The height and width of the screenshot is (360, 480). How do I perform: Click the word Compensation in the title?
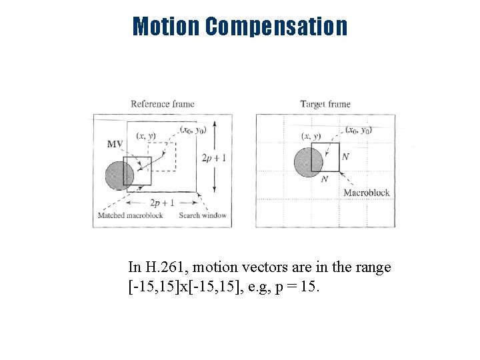tap(276, 27)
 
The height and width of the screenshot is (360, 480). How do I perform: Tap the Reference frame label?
tap(163, 104)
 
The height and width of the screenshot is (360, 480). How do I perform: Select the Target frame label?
tap(325, 104)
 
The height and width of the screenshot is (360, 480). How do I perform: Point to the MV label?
tap(115, 144)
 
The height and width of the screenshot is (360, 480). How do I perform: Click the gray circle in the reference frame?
tap(119, 176)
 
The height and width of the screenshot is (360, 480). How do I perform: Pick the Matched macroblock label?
tap(130, 215)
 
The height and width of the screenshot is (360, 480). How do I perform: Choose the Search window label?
tap(203, 215)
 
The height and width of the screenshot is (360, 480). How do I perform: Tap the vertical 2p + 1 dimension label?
tap(213, 158)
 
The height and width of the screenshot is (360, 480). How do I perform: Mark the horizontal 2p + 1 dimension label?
tap(162, 203)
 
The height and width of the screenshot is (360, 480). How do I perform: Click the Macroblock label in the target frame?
tap(366, 193)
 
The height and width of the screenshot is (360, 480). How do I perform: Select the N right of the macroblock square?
tap(345, 157)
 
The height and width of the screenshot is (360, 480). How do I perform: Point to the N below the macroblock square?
tap(325, 179)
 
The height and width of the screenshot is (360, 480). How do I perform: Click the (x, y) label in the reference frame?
tap(146, 136)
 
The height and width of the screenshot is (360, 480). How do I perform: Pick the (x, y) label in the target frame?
tap(311, 137)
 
